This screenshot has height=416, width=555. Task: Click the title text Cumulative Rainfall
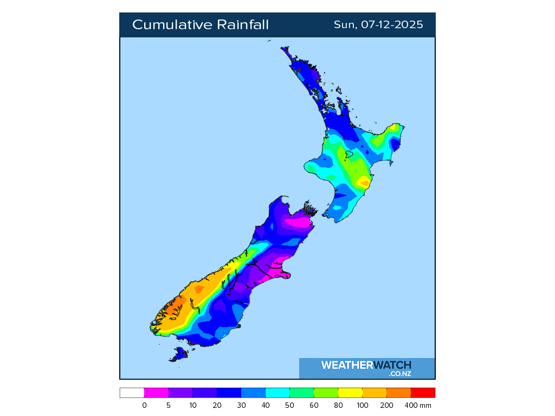[x=200, y=25]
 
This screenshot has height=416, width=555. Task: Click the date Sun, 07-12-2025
[x=378, y=25]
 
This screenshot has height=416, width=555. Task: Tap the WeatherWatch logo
[x=366, y=366]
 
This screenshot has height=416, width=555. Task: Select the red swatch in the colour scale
[x=423, y=393]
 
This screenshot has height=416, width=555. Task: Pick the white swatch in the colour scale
[x=132, y=393]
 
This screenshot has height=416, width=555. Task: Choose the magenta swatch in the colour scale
[x=156, y=393]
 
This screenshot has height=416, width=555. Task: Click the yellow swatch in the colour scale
[x=350, y=393]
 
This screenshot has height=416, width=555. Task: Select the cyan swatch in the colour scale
[x=277, y=393]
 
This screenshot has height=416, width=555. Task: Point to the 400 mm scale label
[x=421, y=405]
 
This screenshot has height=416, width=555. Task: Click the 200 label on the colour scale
[x=387, y=405]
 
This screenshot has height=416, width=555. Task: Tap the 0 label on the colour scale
[x=144, y=405]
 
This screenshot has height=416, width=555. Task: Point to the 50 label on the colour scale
[x=290, y=405]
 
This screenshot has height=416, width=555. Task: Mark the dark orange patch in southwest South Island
[x=170, y=311]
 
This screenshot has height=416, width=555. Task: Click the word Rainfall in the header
[x=243, y=25]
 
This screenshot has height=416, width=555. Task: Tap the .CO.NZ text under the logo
[x=400, y=373]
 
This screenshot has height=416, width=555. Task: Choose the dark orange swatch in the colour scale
[x=399, y=393]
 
